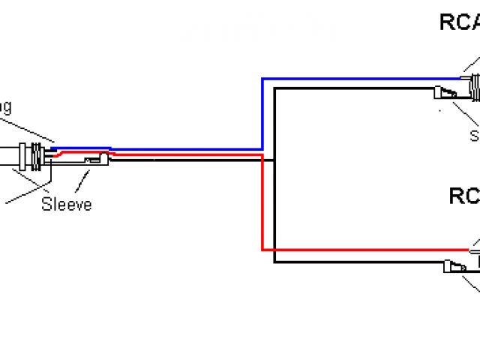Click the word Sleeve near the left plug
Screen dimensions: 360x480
[67, 203]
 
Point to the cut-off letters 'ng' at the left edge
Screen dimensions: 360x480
[4, 107]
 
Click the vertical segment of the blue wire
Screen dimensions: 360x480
[261, 112]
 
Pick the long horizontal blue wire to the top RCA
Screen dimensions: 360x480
[360, 78]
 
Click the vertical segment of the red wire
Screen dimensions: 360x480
[262, 202]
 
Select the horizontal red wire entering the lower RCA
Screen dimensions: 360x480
[360, 250]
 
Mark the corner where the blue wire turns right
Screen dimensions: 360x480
[261, 78]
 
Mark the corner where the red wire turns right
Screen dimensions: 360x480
[262, 250]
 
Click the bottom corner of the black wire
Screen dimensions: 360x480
[275, 262]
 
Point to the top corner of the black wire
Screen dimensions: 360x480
[275, 88]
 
